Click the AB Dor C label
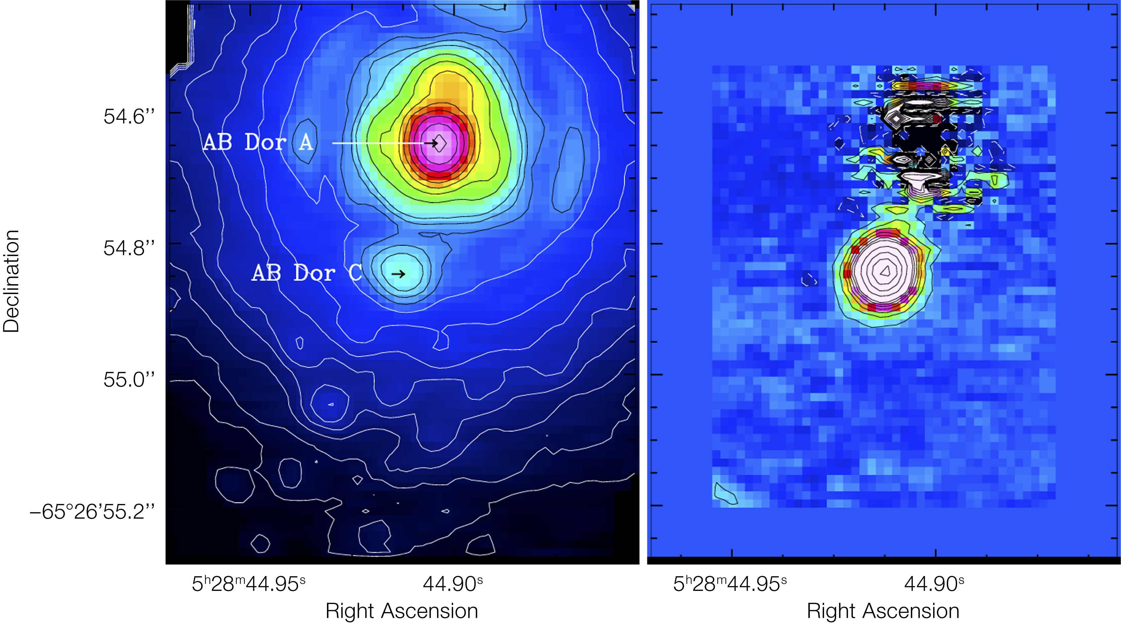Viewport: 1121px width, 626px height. tap(307, 273)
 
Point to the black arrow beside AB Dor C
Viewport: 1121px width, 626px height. tap(399, 274)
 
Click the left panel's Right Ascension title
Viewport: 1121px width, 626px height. tap(402, 611)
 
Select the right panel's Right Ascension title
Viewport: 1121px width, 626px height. tap(883, 611)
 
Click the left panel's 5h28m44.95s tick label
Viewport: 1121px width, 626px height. tap(248, 584)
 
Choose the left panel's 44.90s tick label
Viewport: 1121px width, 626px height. tap(453, 584)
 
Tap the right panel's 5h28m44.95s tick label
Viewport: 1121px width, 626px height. tap(730, 584)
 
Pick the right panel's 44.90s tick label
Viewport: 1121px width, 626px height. tap(934, 584)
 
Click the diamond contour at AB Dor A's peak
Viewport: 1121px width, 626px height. tap(440, 142)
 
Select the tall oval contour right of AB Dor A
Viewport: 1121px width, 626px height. tap(568, 170)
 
